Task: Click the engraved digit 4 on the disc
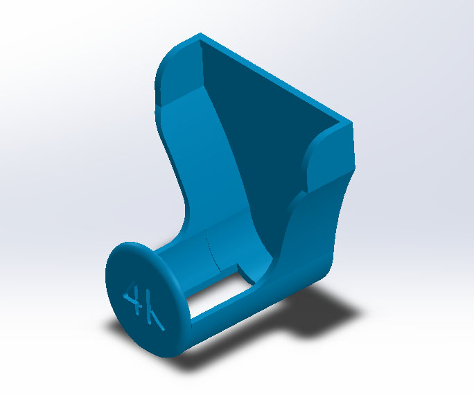133,298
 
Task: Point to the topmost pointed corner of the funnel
200,33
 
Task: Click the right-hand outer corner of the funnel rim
351,123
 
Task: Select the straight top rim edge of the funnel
276,78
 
